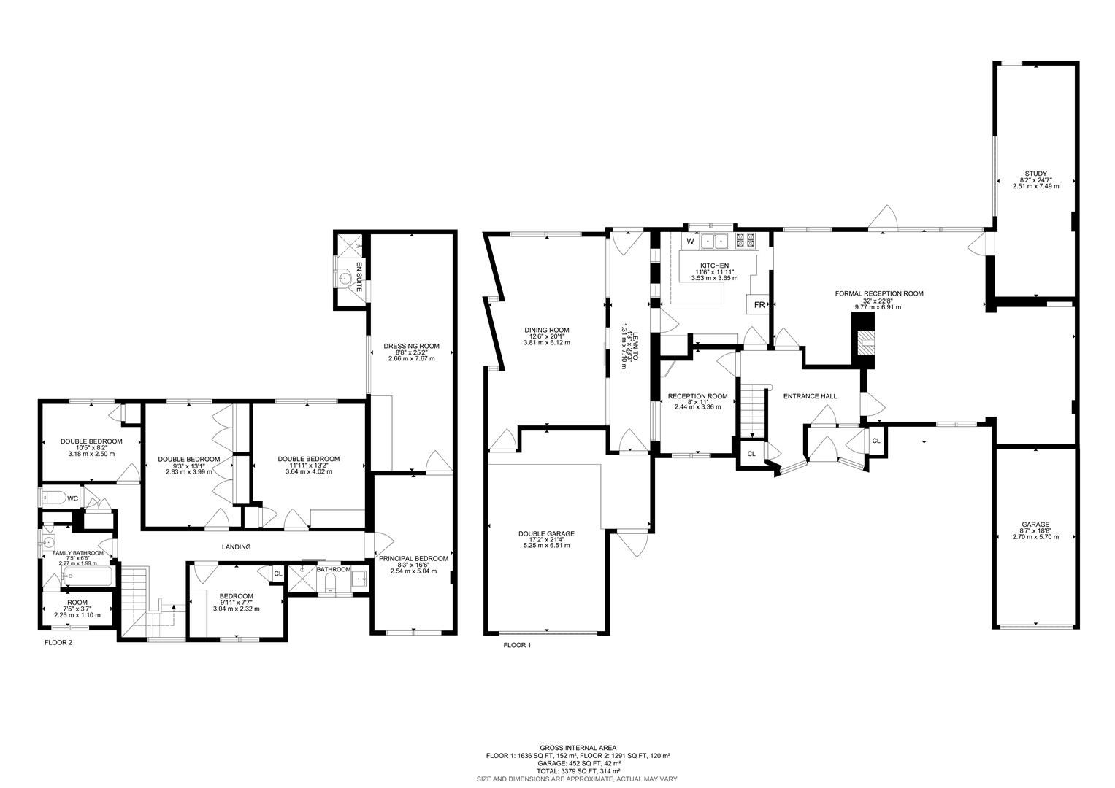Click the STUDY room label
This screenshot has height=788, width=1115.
(1035, 174)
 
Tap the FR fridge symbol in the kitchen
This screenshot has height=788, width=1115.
(759, 305)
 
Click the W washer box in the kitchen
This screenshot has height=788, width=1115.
(689, 241)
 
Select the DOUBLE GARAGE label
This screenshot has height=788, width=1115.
(546, 534)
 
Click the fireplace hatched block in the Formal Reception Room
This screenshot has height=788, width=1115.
(865, 342)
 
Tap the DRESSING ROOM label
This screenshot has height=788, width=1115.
(411, 346)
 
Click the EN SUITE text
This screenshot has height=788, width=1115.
(359, 277)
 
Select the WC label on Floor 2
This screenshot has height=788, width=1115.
(72, 499)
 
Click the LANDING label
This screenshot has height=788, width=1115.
(236, 546)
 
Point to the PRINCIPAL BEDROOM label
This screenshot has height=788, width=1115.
(413, 559)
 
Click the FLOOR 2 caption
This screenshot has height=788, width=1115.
(58, 643)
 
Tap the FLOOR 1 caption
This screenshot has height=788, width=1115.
(518, 645)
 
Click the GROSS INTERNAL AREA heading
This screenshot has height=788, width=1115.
(578, 748)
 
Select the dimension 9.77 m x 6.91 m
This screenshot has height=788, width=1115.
(878, 307)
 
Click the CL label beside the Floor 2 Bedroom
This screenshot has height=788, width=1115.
(277, 574)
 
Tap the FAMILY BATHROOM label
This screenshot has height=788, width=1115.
(77, 554)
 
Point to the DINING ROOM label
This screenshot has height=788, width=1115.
(546, 330)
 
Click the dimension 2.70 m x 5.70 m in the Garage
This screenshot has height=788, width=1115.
(1035, 536)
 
